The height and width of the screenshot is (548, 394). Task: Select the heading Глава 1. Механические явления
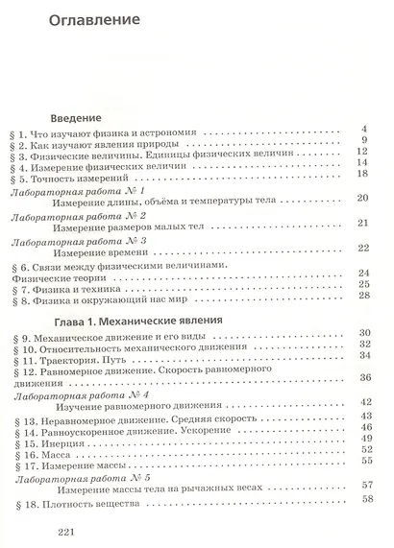coord(135,317)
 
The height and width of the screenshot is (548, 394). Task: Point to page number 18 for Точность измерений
coord(363,173)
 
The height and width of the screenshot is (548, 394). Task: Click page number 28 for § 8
coord(363,294)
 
